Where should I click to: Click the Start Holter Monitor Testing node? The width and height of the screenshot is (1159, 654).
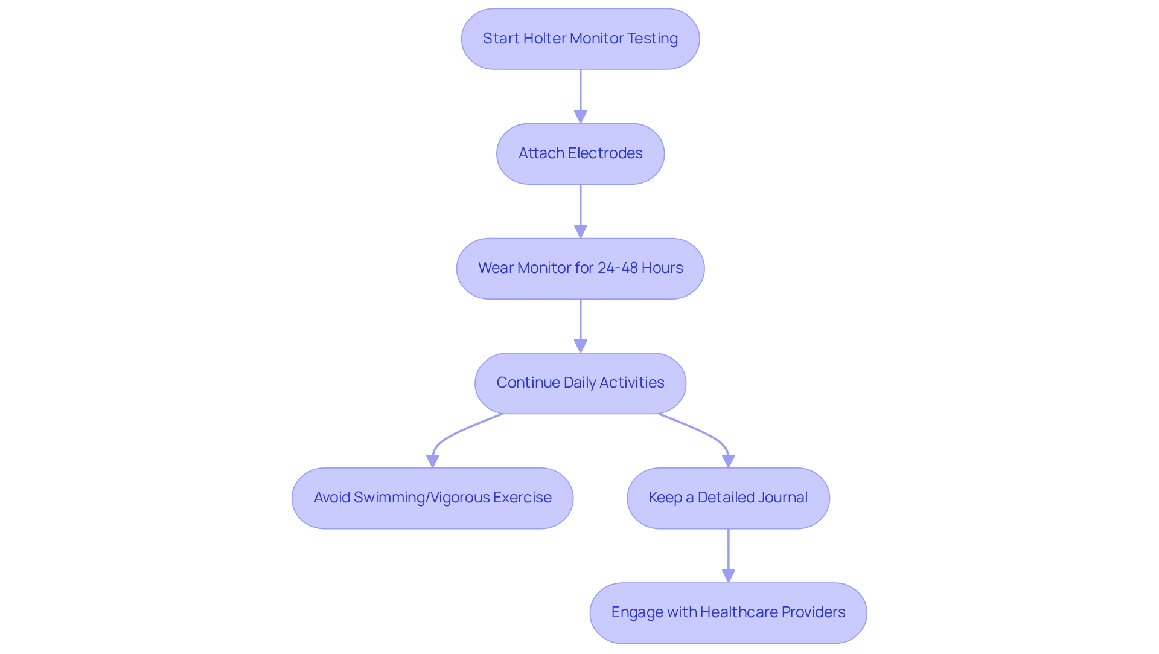(580, 39)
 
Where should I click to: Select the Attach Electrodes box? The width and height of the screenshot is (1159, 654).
(580, 153)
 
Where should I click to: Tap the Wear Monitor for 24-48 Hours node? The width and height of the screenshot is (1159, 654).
(580, 268)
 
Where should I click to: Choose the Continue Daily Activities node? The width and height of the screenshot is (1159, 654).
(580, 383)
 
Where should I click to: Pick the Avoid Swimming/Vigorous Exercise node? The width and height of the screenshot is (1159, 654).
(432, 498)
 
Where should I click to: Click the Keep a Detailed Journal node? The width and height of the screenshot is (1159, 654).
(728, 498)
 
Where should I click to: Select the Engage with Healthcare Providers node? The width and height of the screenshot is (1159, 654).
(728, 612)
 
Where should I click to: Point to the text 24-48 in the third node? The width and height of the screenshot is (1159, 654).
(617, 268)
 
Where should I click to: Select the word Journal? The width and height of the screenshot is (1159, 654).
(783, 498)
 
